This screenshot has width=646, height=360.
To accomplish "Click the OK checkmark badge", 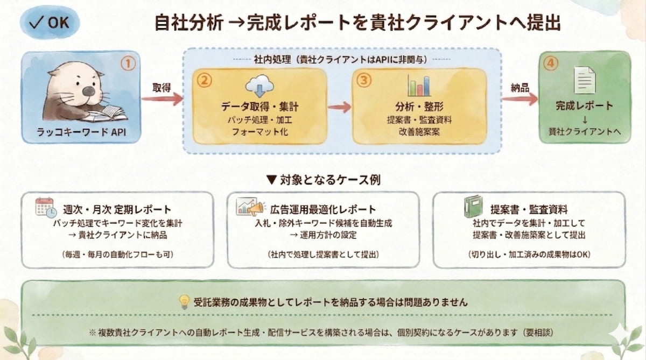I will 50,23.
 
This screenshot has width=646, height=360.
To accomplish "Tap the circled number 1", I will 128,64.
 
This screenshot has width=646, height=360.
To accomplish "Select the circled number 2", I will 203,80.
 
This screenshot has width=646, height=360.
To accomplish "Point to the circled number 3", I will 364,80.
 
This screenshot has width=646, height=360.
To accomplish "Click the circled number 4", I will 549,63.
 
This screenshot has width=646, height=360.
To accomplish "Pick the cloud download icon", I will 259,86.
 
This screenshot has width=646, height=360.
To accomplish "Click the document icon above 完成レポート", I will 584,80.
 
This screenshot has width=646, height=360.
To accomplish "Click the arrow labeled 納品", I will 519,98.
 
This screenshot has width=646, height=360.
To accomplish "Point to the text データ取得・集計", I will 259,107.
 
